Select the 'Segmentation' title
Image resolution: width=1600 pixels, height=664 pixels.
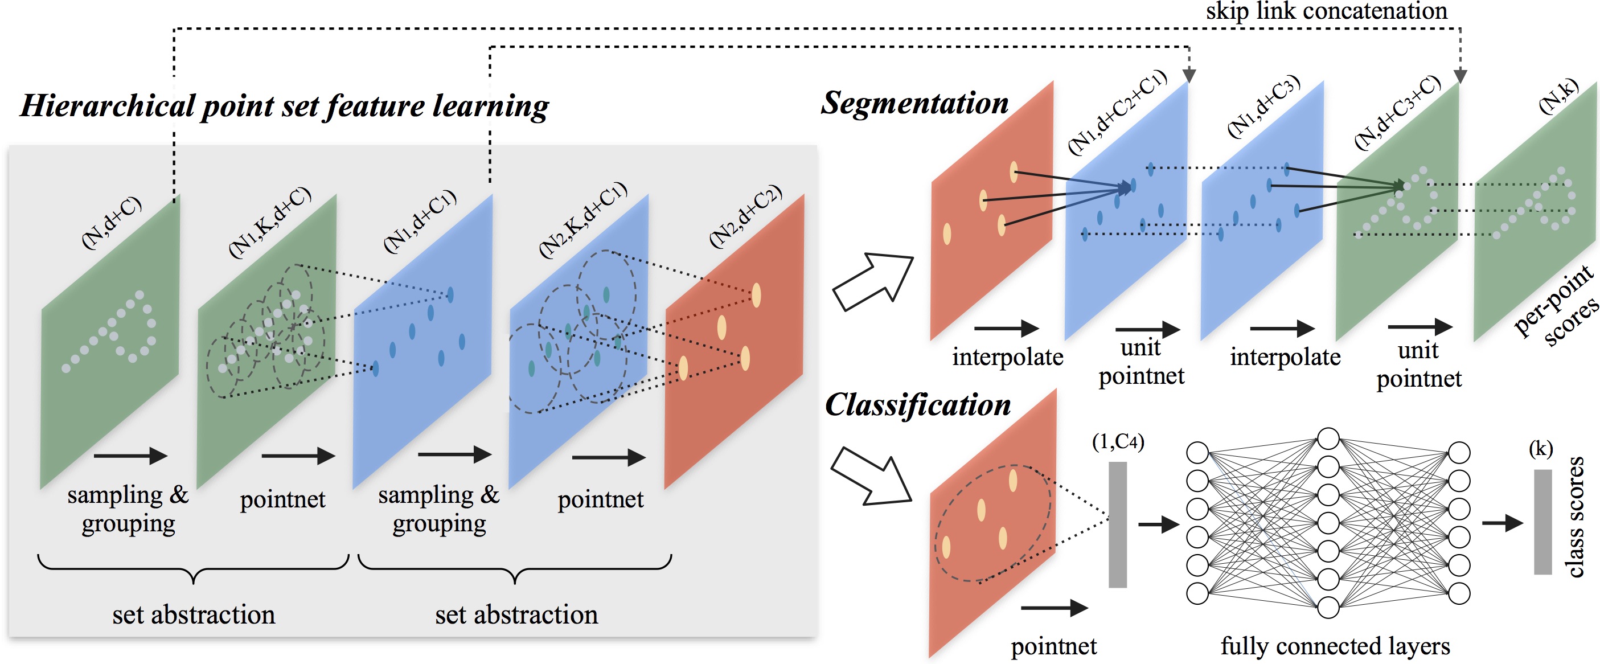(x=914, y=103)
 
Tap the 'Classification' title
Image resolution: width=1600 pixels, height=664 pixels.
(x=917, y=405)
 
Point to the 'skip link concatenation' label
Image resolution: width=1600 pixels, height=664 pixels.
(x=1326, y=11)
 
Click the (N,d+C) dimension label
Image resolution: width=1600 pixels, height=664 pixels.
(x=112, y=222)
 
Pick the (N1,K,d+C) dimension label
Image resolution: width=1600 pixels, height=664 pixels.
(x=269, y=222)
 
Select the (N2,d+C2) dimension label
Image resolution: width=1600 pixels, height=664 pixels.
(x=745, y=216)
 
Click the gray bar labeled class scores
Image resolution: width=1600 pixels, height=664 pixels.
(x=1542, y=522)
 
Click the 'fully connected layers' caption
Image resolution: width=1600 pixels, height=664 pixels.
(x=1335, y=646)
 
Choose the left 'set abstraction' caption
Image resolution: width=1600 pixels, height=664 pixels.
(x=193, y=614)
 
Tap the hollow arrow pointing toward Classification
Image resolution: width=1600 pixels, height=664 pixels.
(x=871, y=477)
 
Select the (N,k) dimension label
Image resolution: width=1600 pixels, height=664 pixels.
(x=1558, y=96)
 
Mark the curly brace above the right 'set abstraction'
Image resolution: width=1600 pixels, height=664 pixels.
(x=515, y=568)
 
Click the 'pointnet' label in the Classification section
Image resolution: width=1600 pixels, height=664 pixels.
(x=1053, y=646)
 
